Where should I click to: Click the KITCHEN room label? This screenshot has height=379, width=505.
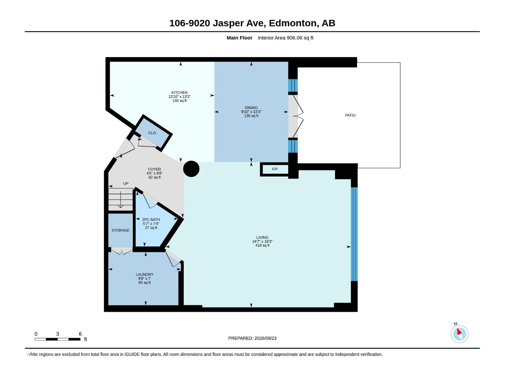click(x=180, y=93)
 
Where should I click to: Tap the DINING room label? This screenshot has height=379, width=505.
click(x=251, y=108)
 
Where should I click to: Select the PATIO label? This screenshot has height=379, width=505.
click(x=350, y=115)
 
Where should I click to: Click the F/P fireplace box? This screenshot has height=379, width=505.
click(x=275, y=169)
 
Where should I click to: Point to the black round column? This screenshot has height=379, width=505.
click(x=191, y=169)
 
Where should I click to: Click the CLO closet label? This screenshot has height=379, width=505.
click(x=152, y=133)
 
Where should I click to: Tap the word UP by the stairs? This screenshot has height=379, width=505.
click(x=126, y=183)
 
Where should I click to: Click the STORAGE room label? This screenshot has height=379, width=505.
click(x=120, y=230)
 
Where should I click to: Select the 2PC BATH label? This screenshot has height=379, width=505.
click(x=151, y=220)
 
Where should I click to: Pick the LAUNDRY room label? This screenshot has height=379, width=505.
click(x=145, y=274)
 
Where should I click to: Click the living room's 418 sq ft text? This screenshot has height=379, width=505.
click(x=262, y=245)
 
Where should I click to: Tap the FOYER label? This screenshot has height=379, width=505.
click(x=154, y=169)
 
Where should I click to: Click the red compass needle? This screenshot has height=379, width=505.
click(x=459, y=332)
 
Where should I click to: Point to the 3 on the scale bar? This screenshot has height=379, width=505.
click(x=57, y=334)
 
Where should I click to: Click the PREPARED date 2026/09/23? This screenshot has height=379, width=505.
click(x=265, y=338)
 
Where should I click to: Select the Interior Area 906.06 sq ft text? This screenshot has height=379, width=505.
click(x=285, y=38)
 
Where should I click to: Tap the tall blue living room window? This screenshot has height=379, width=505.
click(x=354, y=234)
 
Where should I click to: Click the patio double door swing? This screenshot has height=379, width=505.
click(x=296, y=117)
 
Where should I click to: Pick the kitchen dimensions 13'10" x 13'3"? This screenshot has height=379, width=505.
click(x=180, y=97)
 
